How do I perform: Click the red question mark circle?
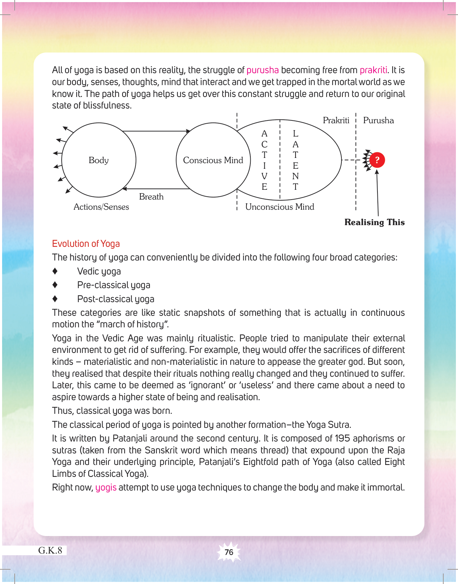click(x=377, y=160)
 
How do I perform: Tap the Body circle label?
click(x=98, y=160)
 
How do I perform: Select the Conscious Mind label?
click(x=213, y=160)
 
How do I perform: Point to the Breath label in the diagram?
click(x=151, y=197)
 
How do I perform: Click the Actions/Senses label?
click(x=101, y=207)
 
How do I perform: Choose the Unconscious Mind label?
click(x=279, y=207)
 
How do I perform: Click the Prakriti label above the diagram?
click(x=336, y=120)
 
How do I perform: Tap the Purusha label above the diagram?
click(x=378, y=120)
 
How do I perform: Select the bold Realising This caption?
click(x=374, y=222)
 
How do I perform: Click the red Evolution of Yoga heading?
click(x=86, y=244)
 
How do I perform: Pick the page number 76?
click(x=229, y=552)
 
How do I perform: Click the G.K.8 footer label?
click(x=50, y=550)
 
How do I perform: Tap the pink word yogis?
click(x=106, y=487)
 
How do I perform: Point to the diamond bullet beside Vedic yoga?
click(x=55, y=271)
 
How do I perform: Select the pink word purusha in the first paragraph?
click(x=263, y=70)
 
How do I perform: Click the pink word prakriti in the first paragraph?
click(x=373, y=70)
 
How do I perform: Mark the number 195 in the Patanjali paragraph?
click(x=342, y=438)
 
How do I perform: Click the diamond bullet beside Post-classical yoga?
click(x=55, y=299)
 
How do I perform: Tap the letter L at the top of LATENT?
click(x=296, y=133)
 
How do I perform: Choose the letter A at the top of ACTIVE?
click(x=264, y=133)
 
